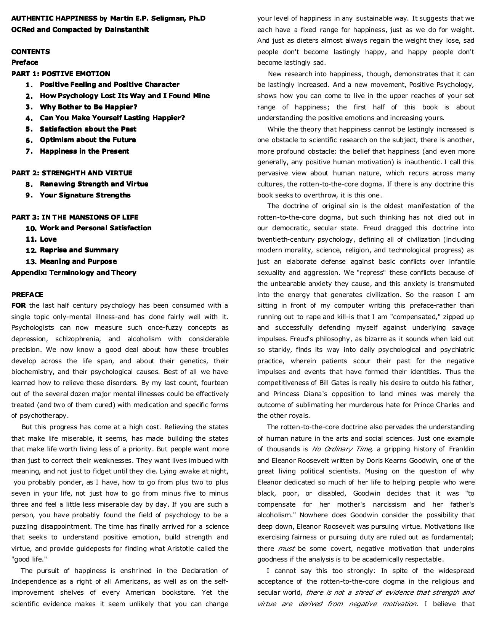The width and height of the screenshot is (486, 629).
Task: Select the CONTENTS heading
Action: coord(30,51)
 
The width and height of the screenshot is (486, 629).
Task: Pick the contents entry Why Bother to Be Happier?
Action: coord(88,107)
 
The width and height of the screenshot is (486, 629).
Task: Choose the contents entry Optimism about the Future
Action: coord(88,140)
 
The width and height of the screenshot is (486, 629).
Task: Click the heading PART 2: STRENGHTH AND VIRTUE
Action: coord(72,173)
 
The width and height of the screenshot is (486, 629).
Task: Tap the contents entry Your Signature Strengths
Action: coord(85,195)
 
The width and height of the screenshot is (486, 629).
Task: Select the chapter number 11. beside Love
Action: coord(31,239)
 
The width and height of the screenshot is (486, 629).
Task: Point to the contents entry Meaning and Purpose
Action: coord(78,262)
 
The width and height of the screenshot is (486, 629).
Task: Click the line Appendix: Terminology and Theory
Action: coord(74,273)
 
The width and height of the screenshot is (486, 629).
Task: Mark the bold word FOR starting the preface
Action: coord(19,305)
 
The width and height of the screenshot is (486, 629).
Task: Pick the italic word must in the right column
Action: coord(286,549)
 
